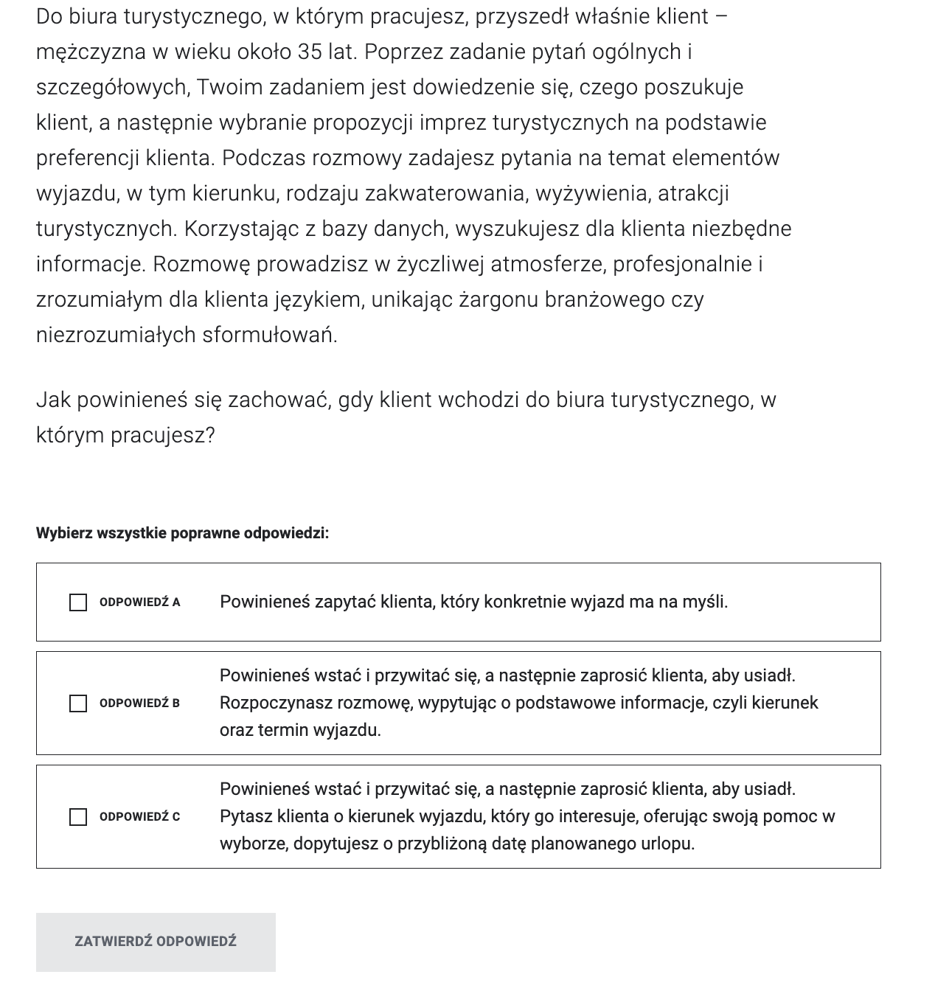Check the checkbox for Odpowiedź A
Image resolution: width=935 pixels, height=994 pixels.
pos(78,602)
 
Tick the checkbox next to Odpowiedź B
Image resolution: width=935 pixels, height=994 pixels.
pos(78,703)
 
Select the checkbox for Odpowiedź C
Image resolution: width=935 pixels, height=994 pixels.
pos(78,817)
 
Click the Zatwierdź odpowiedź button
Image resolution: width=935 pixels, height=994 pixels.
pos(156,942)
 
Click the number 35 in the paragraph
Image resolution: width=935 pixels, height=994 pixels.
pos(310,52)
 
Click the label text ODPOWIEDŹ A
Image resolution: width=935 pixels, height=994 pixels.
pos(139,602)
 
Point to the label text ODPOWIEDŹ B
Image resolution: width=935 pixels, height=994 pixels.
pos(139,703)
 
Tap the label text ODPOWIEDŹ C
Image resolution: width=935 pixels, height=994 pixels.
pos(139,817)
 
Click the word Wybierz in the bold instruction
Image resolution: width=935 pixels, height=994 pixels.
pos(64,533)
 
